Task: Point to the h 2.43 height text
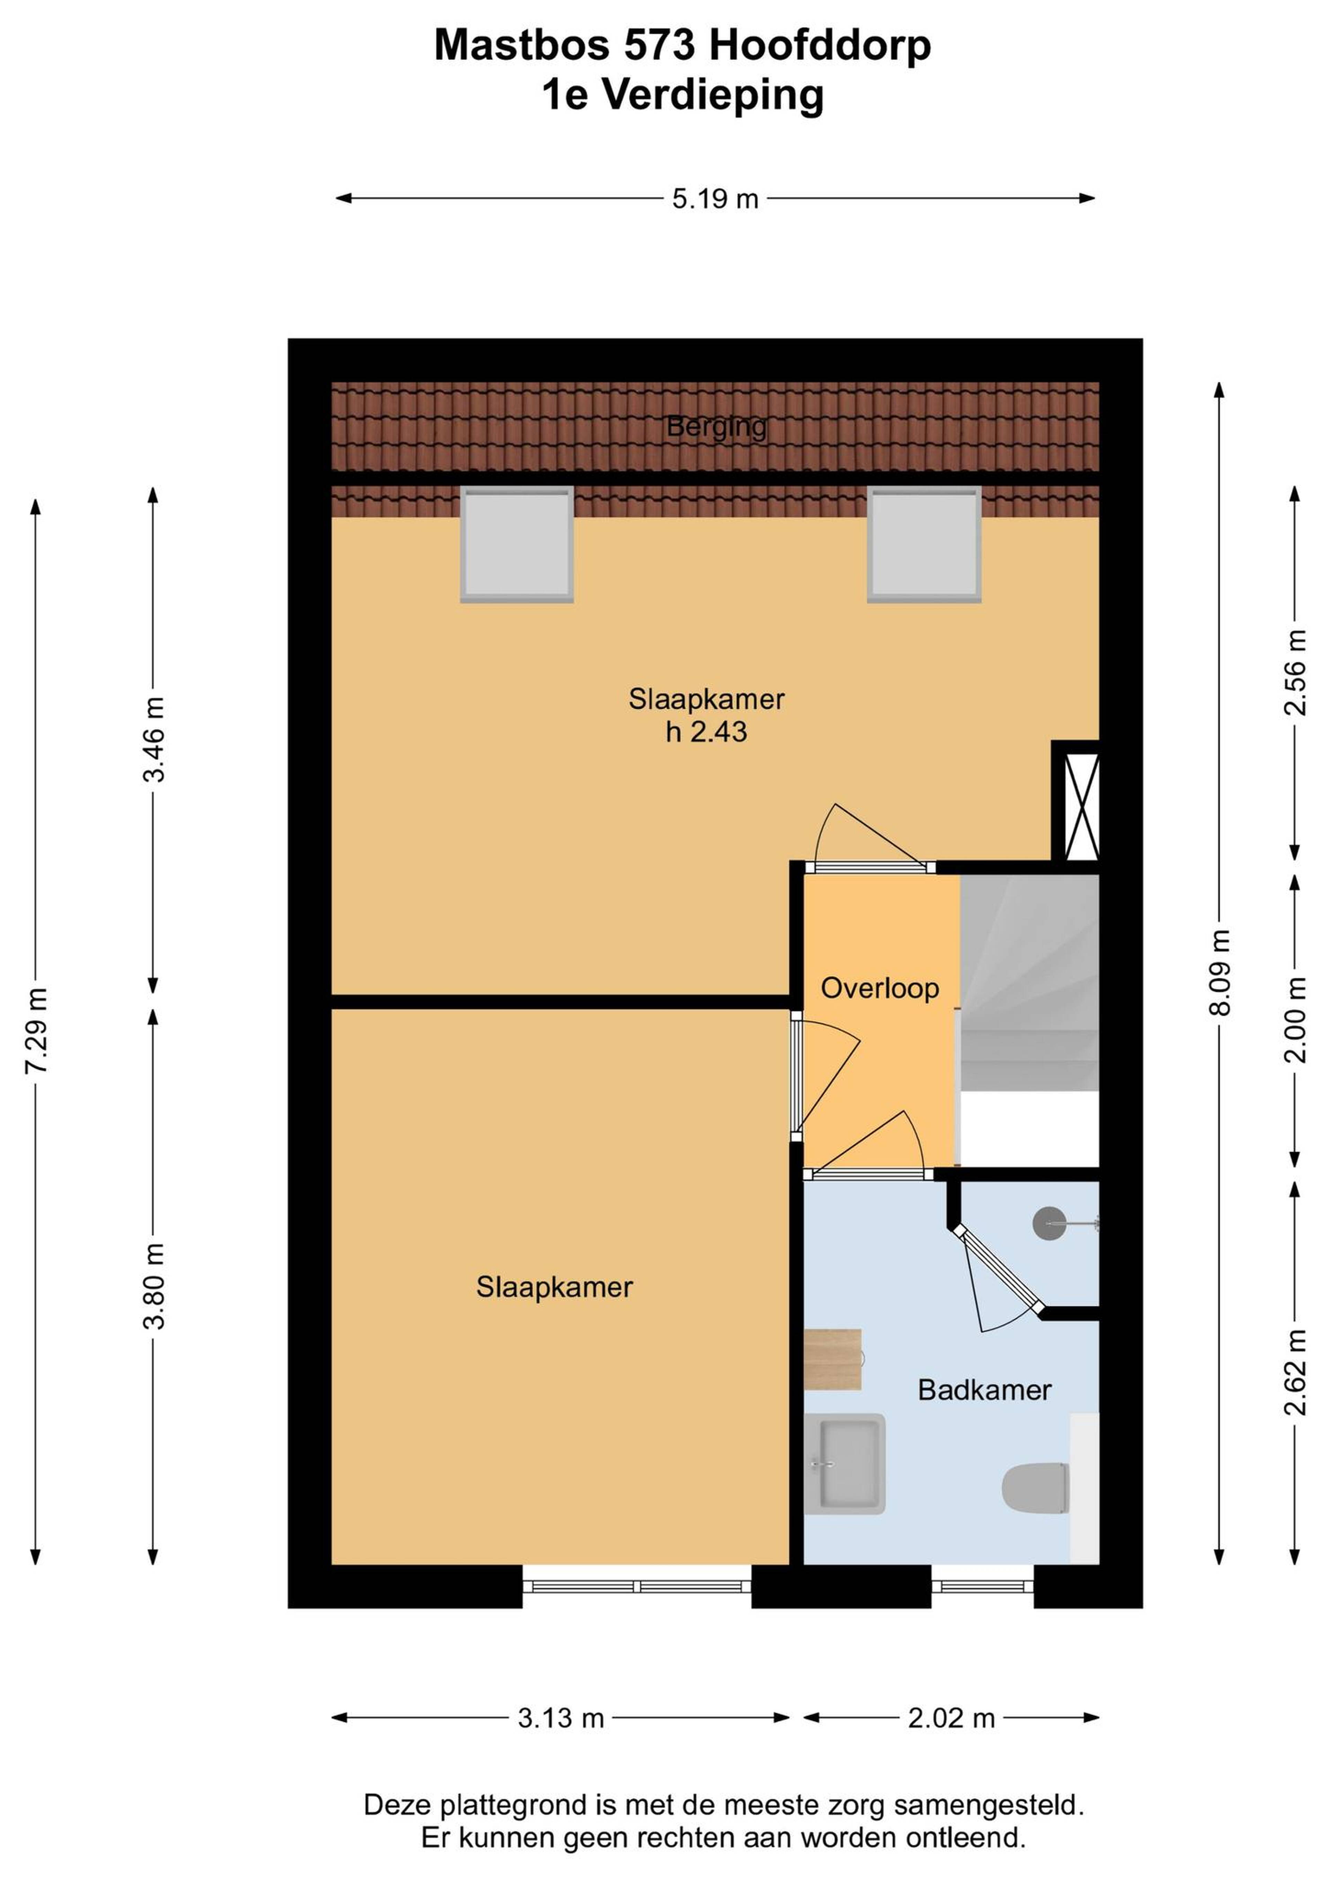click(706, 731)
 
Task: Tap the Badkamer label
click(984, 1390)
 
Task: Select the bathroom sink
click(844, 1464)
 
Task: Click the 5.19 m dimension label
click(716, 199)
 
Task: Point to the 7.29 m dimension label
click(37, 1031)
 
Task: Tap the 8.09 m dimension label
click(1220, 973)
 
